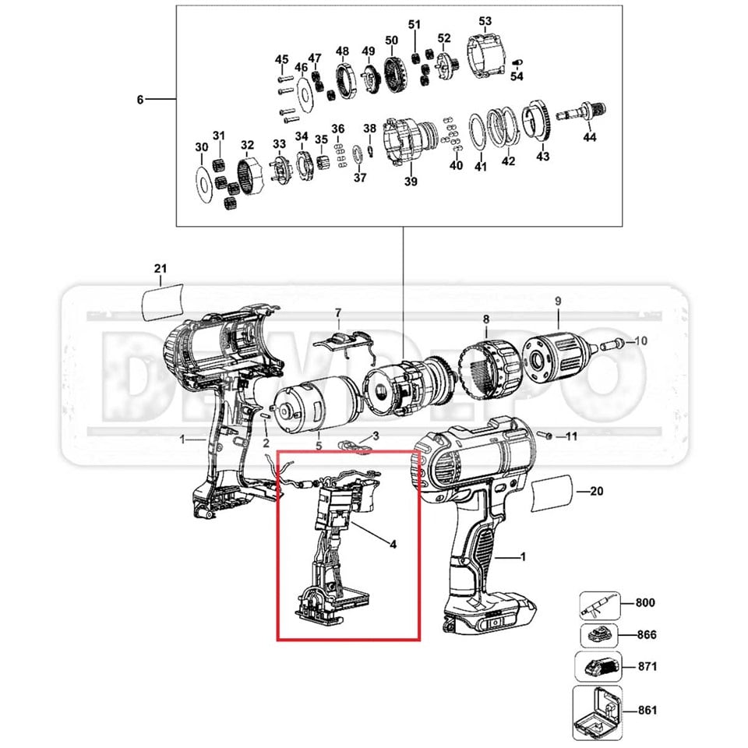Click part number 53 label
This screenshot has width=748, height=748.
(x=485, y=20)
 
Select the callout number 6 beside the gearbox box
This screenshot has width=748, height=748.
(x=140, y=100)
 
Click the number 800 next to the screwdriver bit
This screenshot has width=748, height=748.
(x=646, y=602)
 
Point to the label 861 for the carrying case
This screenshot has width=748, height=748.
(x=646, y=710)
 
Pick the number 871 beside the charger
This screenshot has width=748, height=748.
(x=646, y=666)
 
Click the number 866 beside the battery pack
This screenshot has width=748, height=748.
(x=646, y=634)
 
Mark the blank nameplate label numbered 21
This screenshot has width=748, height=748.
(x=163, y=299)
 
